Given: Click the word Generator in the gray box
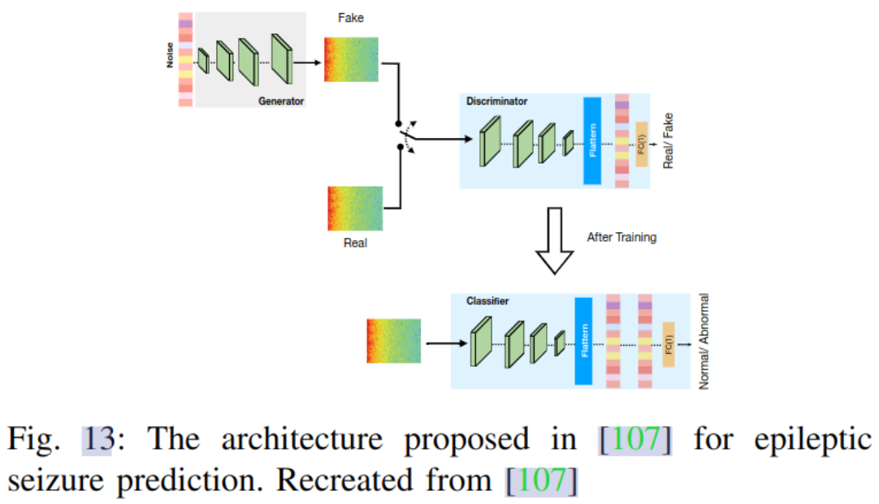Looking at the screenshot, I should [x=281, y=101].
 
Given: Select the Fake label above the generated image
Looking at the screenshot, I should [x=352, y=18].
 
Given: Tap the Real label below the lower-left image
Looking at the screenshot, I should [x=355, y=242].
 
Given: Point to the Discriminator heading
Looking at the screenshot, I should [x=496, y=101].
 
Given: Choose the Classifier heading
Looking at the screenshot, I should [x=487, y=301].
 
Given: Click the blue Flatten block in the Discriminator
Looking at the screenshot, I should [x=592, y=140].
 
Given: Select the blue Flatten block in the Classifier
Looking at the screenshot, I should [x=582, y=341].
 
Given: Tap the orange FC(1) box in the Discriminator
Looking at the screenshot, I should [x=642, y=144].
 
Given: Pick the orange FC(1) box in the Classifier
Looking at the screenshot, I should [x=669, y=344].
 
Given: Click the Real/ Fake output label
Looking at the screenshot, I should [x=669, y=140].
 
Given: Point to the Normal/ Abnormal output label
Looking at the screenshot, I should [x=704, y=341].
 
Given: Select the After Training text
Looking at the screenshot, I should [x=622, y=238].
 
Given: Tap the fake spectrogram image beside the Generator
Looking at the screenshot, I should [x=351, y=59].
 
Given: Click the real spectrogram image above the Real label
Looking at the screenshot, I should [x=355, y=209].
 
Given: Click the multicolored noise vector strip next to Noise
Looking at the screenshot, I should [x=185, y=59].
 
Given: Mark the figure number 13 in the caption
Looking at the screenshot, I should [x=97, y=440].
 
